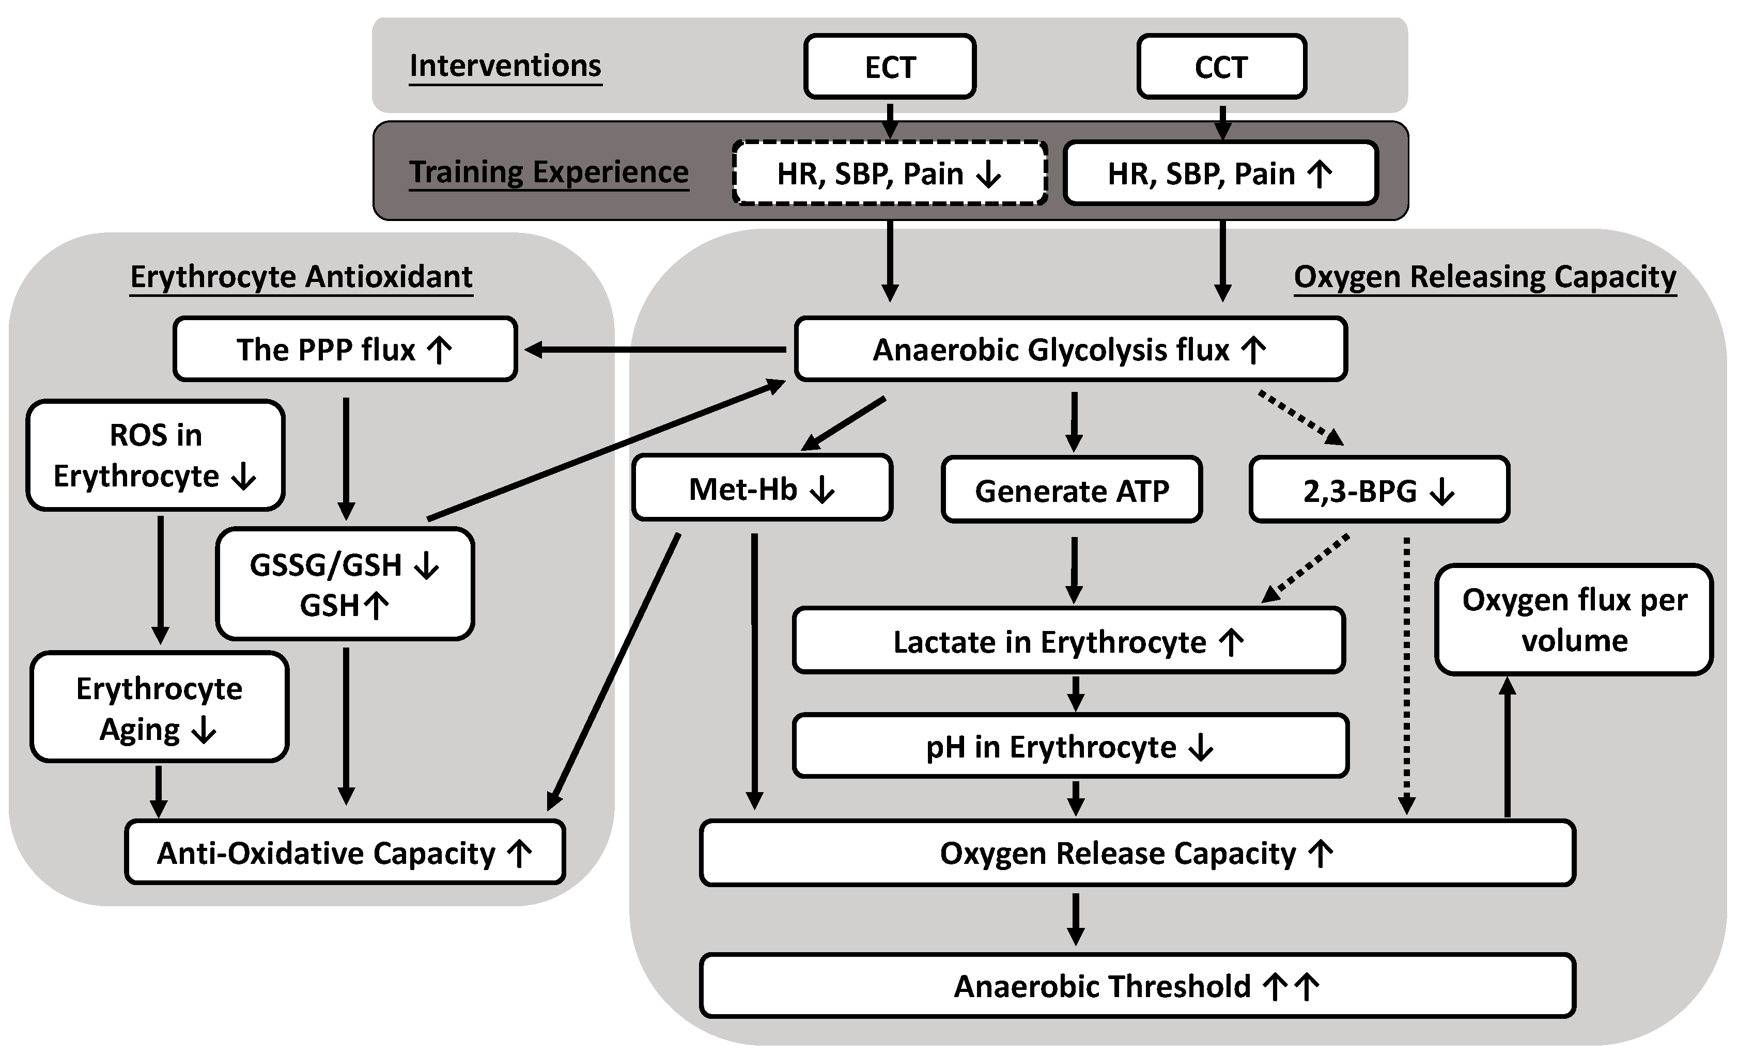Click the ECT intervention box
point(890,67)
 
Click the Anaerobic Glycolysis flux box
point(1070,350)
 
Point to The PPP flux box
point(345,350)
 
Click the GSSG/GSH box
point(345,585)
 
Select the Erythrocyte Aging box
point(160,708)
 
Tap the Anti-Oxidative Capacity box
point(345,853)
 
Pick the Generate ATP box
point(1072,491)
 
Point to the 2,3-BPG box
point(1379,491)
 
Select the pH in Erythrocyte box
point(1070,747)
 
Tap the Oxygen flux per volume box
point(1574,620)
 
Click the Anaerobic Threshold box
point(1137,986)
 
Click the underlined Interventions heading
point(505,66)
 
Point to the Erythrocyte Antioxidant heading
point(301,276)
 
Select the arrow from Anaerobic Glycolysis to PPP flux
point(656,350)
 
